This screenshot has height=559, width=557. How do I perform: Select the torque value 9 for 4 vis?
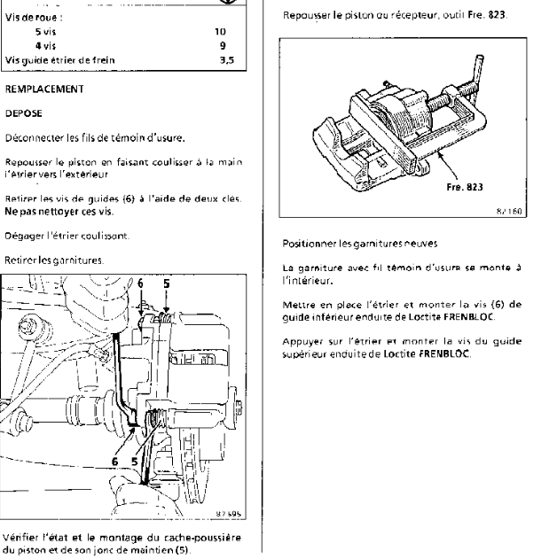click(222, 44)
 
